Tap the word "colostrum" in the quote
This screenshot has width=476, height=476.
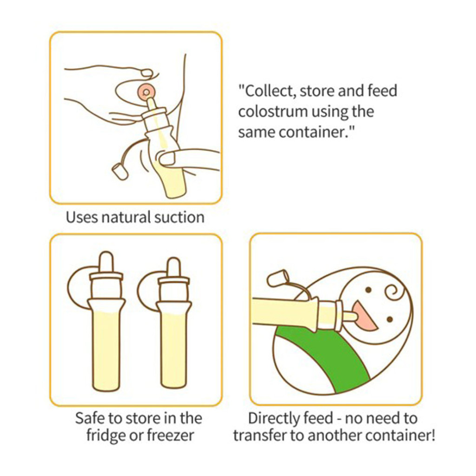click(x=272, y=112)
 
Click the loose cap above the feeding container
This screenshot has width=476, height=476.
click(x=277, y=278)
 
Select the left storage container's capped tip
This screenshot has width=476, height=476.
click(x=106, y=262)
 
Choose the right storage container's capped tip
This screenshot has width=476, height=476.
click(x=174, y=268)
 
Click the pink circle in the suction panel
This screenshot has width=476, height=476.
click(x=146, y=92)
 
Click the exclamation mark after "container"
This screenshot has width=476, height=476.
click(x=433, y=435)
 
